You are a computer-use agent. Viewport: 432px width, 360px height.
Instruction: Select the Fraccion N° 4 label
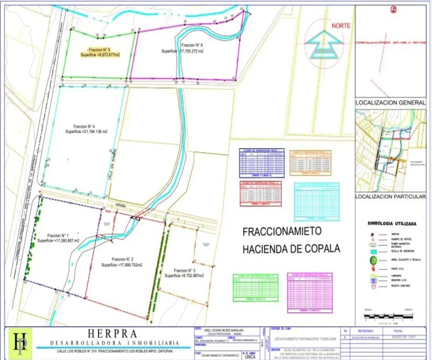coord(84,126)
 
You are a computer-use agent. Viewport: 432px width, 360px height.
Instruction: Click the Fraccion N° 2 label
coord(123,259)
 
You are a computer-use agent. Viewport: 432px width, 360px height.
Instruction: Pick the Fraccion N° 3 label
coord(185,270)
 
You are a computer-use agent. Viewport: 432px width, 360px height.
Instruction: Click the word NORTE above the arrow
coord(341,26)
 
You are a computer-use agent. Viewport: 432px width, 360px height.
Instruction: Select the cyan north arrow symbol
coord(323,44)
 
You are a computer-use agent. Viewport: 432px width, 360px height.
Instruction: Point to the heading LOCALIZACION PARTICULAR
coord(390,197)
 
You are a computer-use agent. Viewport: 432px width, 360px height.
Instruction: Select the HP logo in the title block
coord(20,343)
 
